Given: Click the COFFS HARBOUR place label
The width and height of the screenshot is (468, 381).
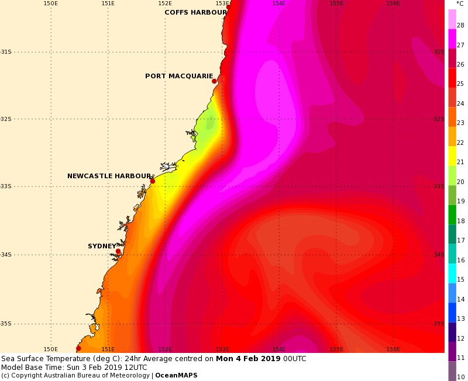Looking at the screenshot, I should pyautogui.click(x=195, y=12).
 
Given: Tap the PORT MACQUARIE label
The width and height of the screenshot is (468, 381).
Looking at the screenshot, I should pyautogui.click(x=179, y=76).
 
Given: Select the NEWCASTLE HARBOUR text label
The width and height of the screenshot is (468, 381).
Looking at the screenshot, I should pyautogui.click(x=109, y=176).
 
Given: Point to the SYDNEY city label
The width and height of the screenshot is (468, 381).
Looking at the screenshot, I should pyautogui.click(x=102, y=246).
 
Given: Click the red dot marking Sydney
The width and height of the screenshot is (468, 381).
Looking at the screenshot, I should pyautogui.click(x=118, y=252).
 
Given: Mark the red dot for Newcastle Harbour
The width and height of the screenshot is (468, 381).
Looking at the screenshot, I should pyautogui.click(x=153, y=181).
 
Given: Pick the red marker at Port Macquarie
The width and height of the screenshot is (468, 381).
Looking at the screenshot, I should pyautogui.click(x=214, y=81).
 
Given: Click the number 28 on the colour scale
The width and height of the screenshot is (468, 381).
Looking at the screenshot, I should pyautogui.click(x=460, y=25).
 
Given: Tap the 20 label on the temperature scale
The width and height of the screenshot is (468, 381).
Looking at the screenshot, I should pyautogui.click(x=460, y=182).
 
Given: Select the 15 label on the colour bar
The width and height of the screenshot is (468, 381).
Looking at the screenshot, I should pyautogui.click(x=460, y=279).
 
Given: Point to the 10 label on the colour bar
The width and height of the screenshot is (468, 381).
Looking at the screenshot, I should pyautogui.click(x=460, y=377).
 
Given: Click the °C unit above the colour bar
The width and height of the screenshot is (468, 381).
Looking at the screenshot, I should pyautogui.click(x=460, y=4).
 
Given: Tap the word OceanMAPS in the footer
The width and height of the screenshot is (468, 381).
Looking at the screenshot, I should pyautogui.click(x=176, y=375).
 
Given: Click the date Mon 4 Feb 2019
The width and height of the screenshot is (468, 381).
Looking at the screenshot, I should pyautogui.click(x=248, y=358).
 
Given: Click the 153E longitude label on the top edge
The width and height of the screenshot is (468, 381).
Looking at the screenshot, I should pyautogui.click(x=222, y=4).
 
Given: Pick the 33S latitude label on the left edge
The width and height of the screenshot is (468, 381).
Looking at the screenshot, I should pyautogui.click(x=5, y=186).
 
